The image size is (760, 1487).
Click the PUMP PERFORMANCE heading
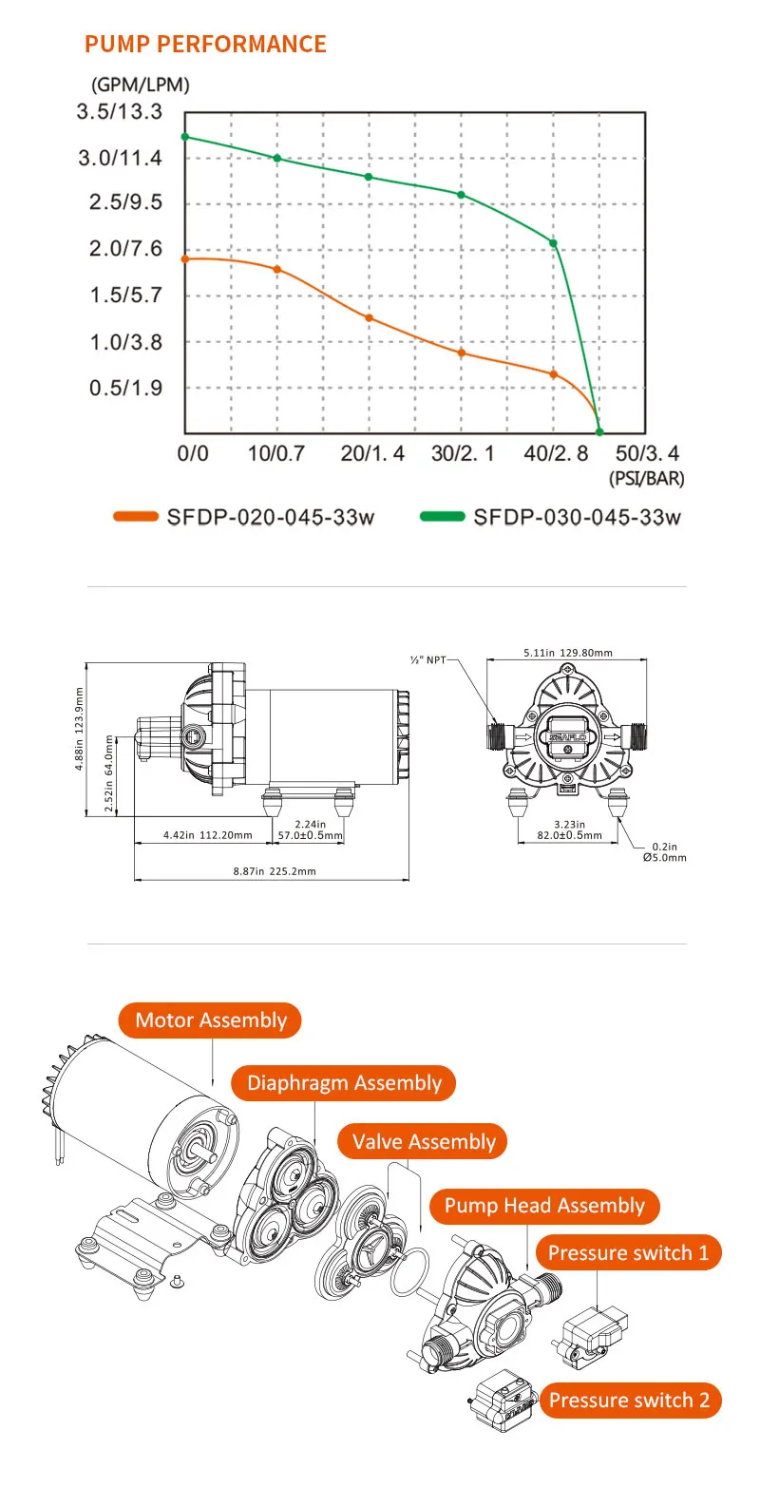(205, 45)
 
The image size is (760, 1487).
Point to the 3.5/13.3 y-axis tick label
(120, 112)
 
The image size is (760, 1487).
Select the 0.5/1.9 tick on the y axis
(125, 388)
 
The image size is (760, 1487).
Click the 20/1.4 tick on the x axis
(372, 453)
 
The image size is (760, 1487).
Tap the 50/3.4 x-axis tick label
(649, 453)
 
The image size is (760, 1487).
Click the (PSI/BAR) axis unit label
(646, 479)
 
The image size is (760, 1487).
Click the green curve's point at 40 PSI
(554, 243)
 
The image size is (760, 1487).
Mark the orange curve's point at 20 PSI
(370, 318)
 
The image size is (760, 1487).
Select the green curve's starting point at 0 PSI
(185, 137)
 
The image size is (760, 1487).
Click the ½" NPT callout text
(427, 658)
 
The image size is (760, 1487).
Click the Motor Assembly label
(210, 1020)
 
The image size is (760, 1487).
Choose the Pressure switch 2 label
(628, 1400)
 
